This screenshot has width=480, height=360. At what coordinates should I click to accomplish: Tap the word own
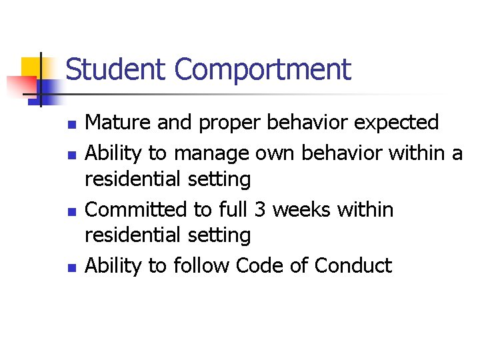point(277,153)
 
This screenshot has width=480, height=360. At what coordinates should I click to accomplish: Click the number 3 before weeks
point(261,209)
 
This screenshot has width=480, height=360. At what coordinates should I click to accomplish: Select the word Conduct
point(353,265)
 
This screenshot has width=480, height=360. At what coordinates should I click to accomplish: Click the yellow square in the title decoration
point(31,67)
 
